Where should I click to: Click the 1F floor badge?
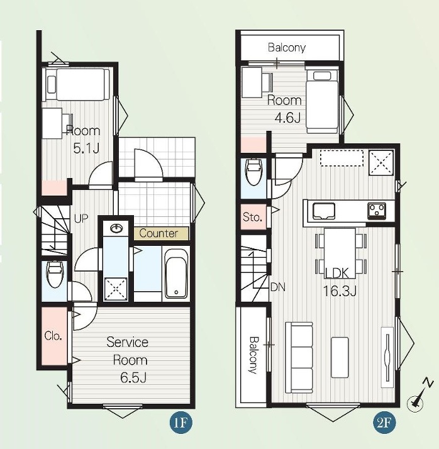pyautogui.click(x=181, y=422)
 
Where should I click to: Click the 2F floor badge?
pyautogui.click(x=384, y=422)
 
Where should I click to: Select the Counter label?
pyautogui.click(x=158, y=233)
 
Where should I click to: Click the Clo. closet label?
pyautogui.click(x=53, y=335)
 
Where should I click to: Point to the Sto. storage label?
pyautogui.click(x=252, y=217)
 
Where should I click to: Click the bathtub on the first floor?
pyautogui.click(x=176, y=274)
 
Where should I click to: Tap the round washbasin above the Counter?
pyautogui.click(x=116, y=228)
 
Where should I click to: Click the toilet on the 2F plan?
pyautogui.click(x=253, y=173)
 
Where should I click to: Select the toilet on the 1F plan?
pyautogui.click(x=55, y=274)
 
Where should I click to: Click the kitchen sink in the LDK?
pyautogui.click(x=324, y=211)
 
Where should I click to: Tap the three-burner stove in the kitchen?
pyautogui.click(x=377, y=211)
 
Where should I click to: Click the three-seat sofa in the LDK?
pyautogui.click(x=299, y=358)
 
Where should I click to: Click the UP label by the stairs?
pyautogui.click(x=81, y=218)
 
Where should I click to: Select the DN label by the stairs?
pyautogui.click(x=278, y=287)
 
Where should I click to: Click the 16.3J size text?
pyautogui.click(x=340, y=291)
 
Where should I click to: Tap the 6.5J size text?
pyautogui.click(x=134, y=378)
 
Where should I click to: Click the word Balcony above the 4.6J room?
pyautogui.click(x=287, y=47)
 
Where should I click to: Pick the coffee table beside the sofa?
pyautogui.click(x=340, y=357)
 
